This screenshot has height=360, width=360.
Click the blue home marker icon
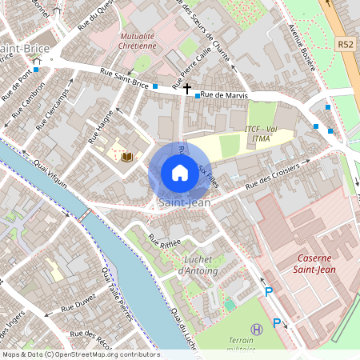pyautogui.click(x=179, y=173)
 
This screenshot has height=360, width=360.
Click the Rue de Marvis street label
pyautogui.click(x=224, y=95)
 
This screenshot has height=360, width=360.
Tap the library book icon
pyautogui.click(x=126, y=157)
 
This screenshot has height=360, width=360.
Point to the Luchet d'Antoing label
pyautogui.click(x=199, y=265)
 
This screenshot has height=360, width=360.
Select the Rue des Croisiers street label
pyautogui.click(x=271, y=177)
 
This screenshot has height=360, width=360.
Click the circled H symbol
pyautogui.click(x=256, y=329)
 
